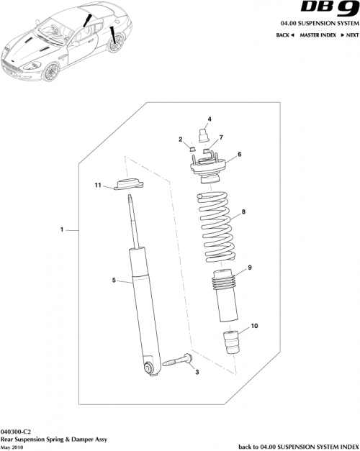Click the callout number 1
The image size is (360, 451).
63,231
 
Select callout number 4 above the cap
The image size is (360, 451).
210,119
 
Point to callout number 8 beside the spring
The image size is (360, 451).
243,212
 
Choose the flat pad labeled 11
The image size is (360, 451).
128,186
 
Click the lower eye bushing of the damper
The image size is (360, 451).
149,368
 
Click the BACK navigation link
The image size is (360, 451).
286,35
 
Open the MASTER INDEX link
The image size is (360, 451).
319,35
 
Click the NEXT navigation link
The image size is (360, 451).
350,35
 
